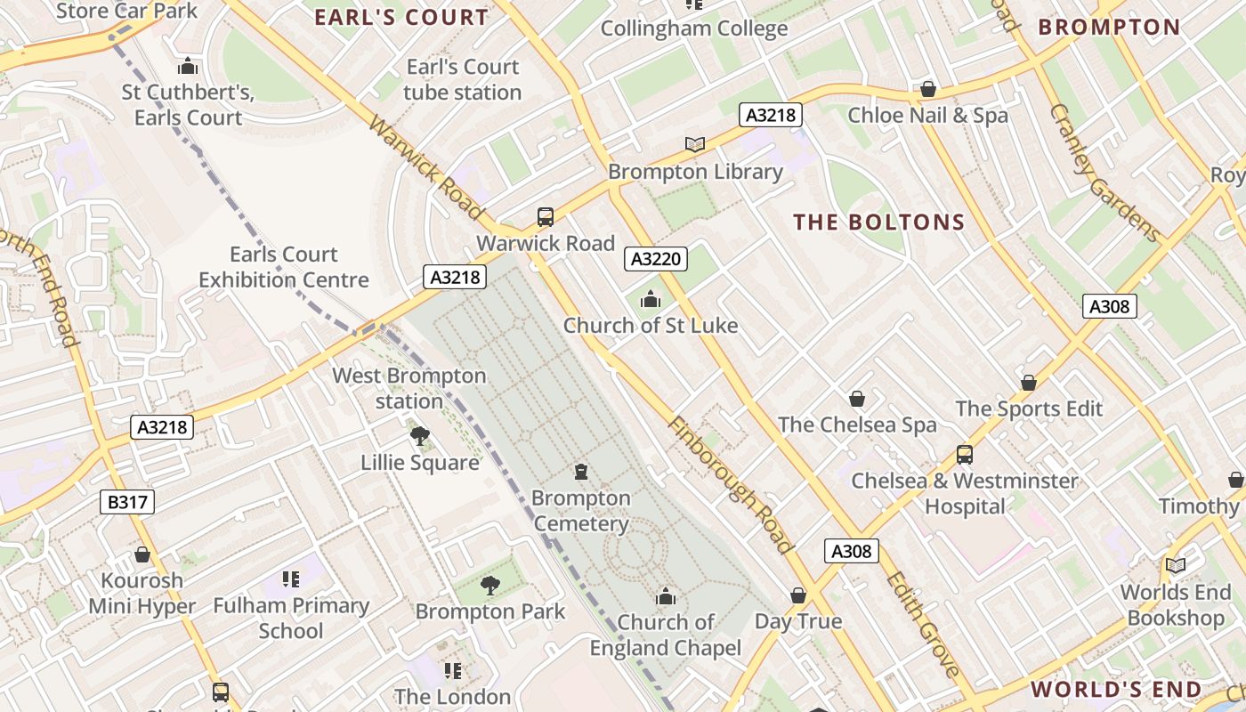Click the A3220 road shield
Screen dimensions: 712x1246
(657, 259)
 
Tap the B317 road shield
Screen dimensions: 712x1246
(127, 502)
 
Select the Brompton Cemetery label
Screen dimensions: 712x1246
(581, 511)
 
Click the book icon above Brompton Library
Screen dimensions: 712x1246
(695, 144)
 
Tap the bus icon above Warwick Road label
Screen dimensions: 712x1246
(545, 216)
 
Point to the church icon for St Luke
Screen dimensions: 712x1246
(651, 299)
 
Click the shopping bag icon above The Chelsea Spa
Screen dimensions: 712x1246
(857, 399)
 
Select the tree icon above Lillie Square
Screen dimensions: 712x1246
(419, 436)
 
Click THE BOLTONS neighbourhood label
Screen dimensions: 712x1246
(878, 222)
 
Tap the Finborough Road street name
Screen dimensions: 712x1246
(729, 485)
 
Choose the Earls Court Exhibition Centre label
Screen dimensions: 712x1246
(283, 267)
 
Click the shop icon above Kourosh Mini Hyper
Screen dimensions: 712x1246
(142, 555)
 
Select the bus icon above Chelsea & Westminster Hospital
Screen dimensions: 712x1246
(964, 455)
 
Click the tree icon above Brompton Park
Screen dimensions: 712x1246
(489, 585)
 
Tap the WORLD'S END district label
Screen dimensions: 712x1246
(1116, 689)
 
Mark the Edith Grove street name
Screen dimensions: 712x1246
(922, 623)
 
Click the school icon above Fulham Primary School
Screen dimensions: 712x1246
(290, 579)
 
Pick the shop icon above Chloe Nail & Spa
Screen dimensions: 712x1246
(927, 89)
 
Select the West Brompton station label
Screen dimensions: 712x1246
(409, 389)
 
